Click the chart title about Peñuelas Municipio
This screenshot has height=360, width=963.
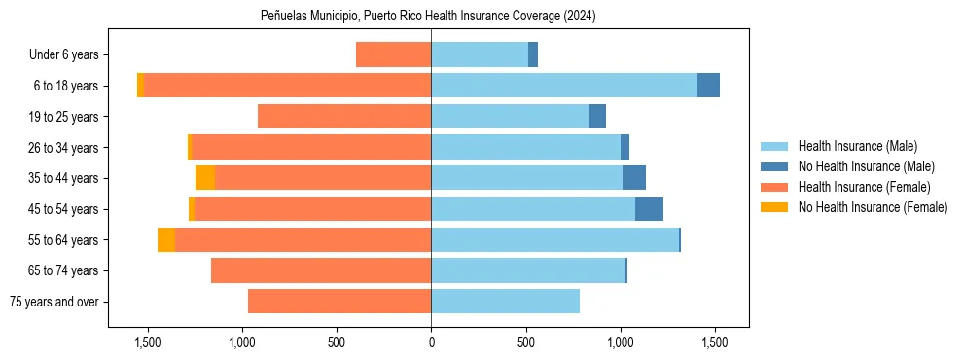(428, 17)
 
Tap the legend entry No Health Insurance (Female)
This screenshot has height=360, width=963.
(873, 207)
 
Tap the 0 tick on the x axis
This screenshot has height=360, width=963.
(431, 342)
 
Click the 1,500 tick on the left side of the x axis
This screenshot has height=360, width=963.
(148, 342)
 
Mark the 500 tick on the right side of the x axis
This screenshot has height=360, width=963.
(525, 342)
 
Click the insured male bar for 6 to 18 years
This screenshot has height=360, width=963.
(564, 86)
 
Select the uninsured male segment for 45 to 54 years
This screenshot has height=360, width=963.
(649, 209)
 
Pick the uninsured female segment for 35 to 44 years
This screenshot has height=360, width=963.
(205, 178)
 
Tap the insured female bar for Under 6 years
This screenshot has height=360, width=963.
(393, 55)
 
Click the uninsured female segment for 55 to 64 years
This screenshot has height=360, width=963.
(166, 240)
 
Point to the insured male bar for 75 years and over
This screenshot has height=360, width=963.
(505, 302)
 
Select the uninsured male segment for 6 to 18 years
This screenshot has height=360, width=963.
(708, 86)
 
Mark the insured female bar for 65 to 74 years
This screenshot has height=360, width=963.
(321, 270)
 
